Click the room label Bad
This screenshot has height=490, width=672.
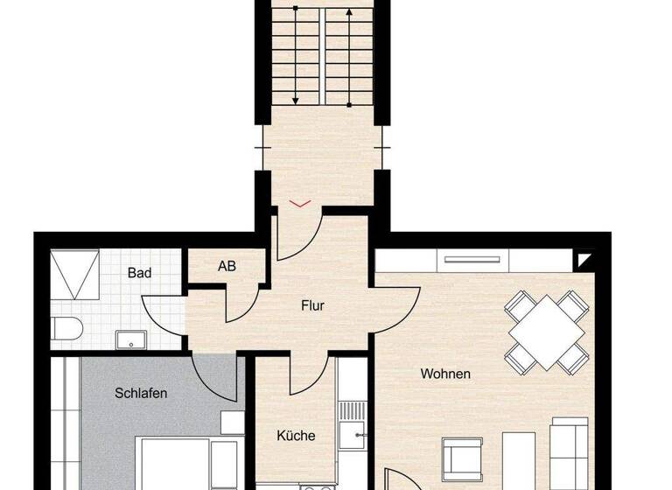coord(139,273)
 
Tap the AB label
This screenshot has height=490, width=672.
coord(227,267)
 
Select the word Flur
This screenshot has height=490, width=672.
coord(312,305)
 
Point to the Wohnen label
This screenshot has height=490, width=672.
coord(445,374)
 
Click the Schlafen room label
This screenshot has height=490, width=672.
coord(141,393)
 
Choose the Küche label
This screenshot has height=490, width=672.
coord(296,435)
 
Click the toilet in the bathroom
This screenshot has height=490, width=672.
coord(66,329)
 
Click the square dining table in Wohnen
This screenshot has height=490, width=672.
coord(548,332)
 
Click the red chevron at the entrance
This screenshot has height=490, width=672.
coord(299,203)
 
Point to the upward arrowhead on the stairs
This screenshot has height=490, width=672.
coord(349,13)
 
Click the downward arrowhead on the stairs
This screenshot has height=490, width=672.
coord(296,98)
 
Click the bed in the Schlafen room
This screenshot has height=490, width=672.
coord(188,464)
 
